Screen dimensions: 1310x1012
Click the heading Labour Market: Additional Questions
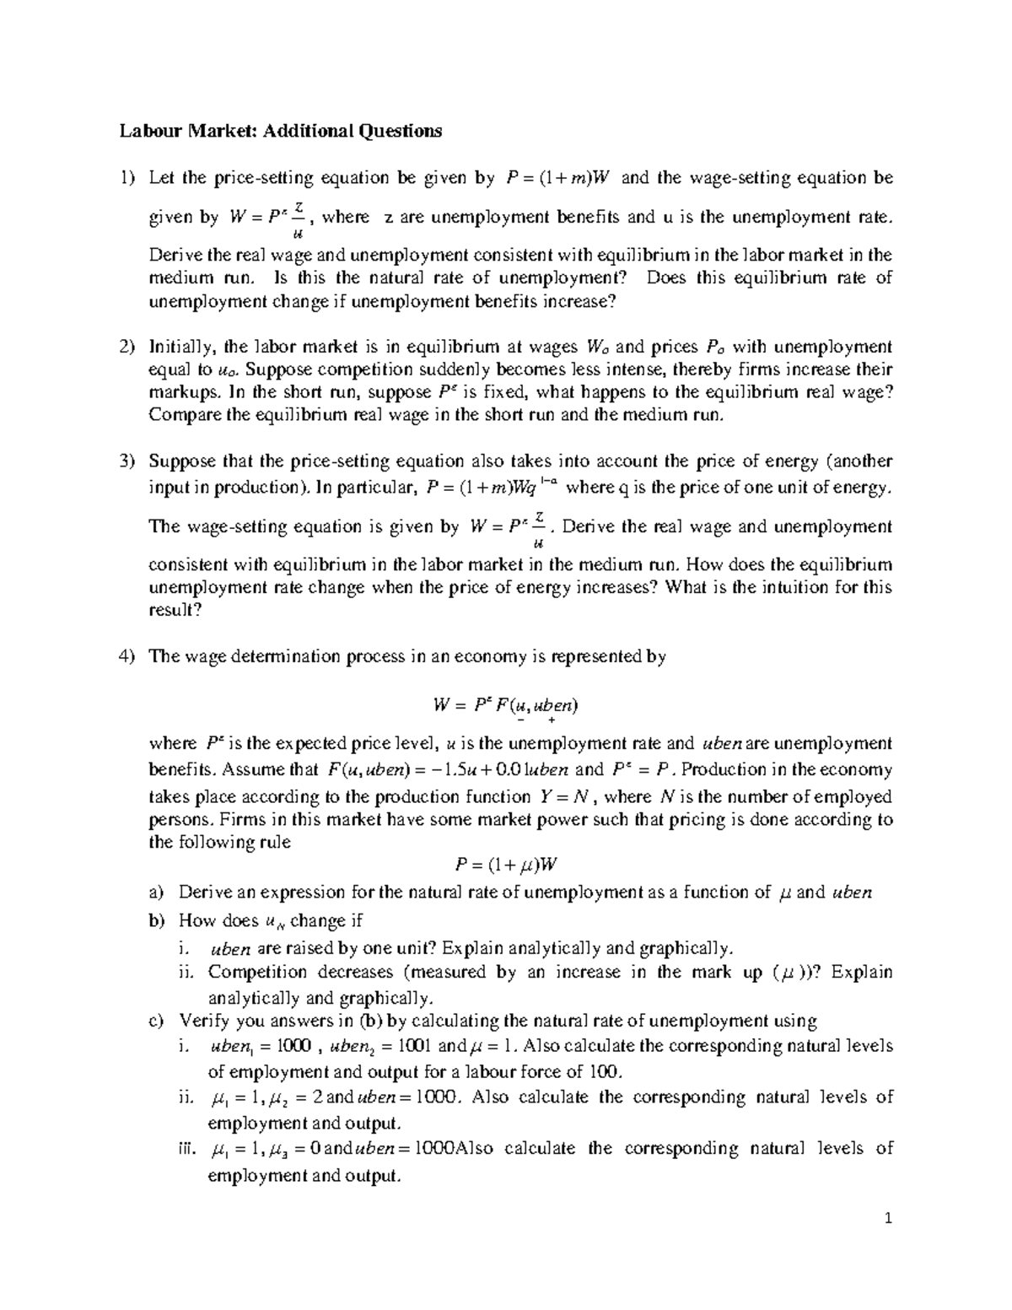[x=280, y=131]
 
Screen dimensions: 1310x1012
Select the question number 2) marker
[x=126, y=347]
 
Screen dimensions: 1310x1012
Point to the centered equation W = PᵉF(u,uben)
[x=504, y=704]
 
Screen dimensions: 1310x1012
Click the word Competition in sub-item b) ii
[x=251, y=972]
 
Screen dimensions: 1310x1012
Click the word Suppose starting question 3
[x=182, y=461]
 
